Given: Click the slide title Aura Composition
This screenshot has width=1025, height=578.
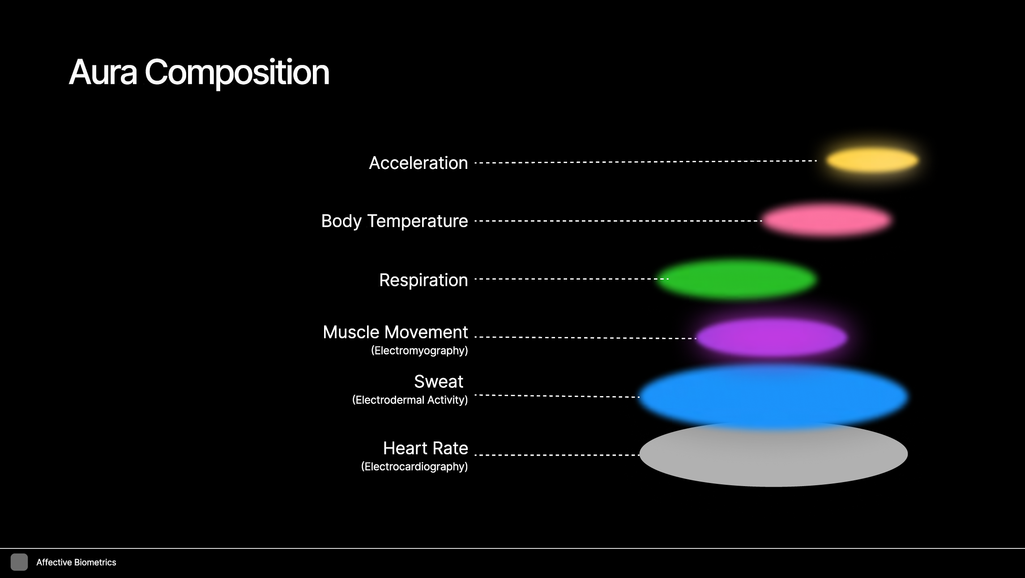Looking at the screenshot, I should (x=199, y=72).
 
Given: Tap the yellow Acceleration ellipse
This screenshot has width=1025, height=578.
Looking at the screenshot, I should (x=872, y=160).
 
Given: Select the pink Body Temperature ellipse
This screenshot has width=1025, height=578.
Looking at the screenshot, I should (x=826, y=220).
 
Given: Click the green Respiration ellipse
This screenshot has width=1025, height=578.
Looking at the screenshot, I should (x=736, y=279).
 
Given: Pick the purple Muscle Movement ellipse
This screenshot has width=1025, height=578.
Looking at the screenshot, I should (x=772, y=337).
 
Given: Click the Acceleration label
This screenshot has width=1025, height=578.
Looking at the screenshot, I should (x=418, y=163).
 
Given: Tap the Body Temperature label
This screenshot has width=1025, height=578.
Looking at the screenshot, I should (x=394, y=221).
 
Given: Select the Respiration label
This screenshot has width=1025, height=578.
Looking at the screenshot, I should (x=423, y=280).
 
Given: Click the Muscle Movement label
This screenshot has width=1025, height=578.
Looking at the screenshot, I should (x=395, y=332).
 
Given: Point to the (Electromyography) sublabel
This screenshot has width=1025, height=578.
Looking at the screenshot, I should (x=419, y=350).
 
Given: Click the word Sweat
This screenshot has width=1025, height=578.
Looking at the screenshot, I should (x=438, y=382).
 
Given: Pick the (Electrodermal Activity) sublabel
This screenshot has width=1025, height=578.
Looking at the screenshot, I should (x=410, y=400).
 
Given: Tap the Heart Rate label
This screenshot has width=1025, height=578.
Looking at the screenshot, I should (x=425, y=448).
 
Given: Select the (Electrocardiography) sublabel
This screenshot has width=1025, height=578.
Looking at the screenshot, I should (x=414, y=466).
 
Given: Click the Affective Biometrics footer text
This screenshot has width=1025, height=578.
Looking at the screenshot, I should (x=76, y=562).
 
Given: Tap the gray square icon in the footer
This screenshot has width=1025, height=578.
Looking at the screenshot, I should (x=19, y=562).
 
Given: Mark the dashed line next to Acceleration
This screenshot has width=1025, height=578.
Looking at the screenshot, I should (x=645, y=162).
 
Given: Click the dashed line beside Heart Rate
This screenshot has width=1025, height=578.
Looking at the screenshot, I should (x=556, y=455).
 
